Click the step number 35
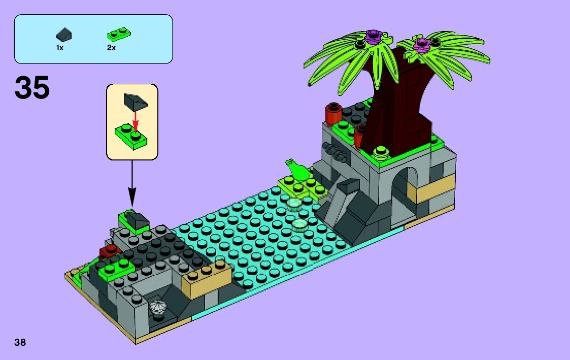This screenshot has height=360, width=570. pos(32,88)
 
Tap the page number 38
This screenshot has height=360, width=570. pos(20,342)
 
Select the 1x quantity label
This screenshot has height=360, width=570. pos(60,47)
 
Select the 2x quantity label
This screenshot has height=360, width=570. pos(111,47)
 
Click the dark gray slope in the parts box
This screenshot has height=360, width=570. pos(64,35)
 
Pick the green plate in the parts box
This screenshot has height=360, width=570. pos(118,35)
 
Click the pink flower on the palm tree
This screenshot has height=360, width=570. pos(421,45)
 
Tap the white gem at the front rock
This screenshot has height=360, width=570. pos(158,307)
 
